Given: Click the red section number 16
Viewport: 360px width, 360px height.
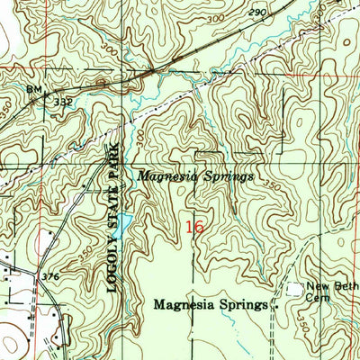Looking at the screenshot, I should (x=193, y=228).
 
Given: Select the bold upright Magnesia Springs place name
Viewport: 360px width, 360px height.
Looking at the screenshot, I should (x=211, y=305).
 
